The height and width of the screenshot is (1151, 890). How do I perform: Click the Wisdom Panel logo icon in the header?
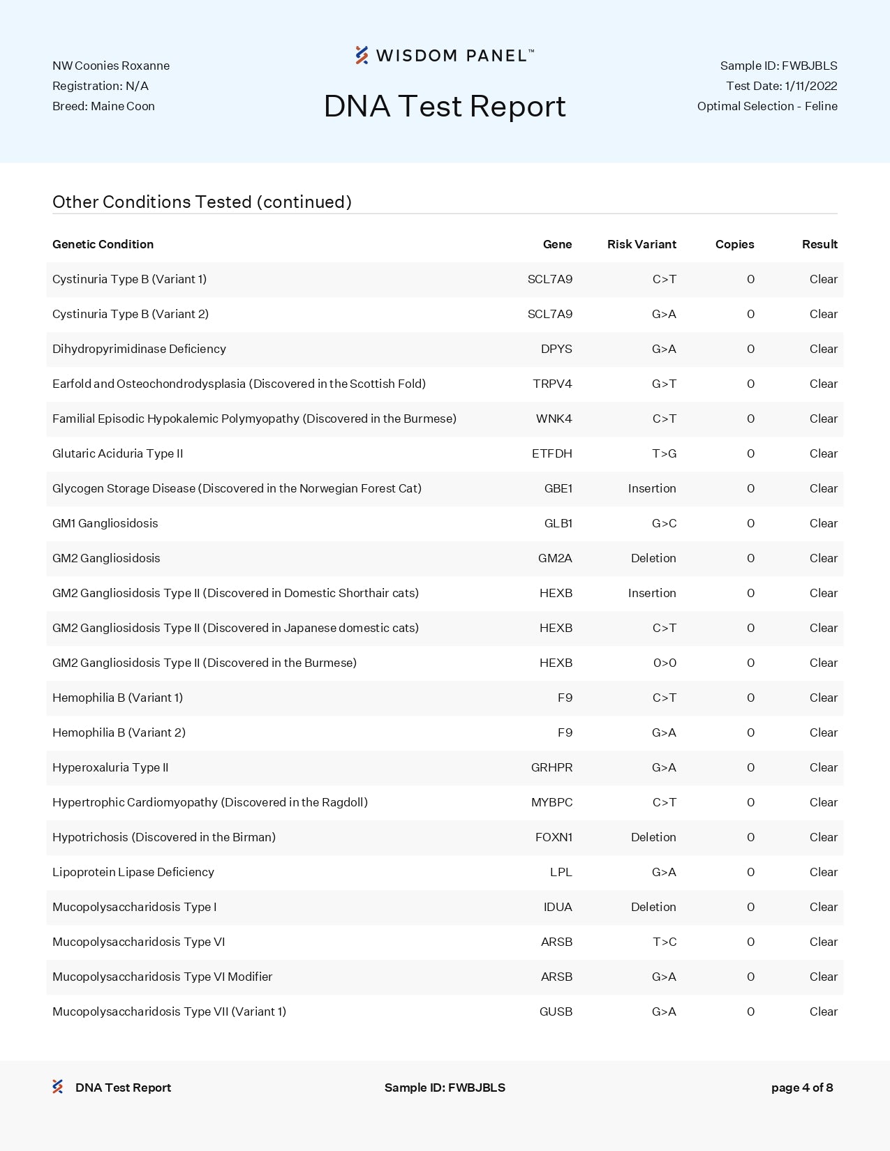point(362,55)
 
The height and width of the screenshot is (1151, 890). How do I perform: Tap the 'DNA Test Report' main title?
point(445,106)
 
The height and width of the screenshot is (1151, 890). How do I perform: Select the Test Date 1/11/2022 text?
point(781,86)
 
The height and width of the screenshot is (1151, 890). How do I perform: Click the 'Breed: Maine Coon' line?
point(103,106)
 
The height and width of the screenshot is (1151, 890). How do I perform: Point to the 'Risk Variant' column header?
point(641,244)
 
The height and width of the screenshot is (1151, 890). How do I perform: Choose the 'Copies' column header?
point(734,244)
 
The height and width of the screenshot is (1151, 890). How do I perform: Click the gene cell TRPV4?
point(552,384)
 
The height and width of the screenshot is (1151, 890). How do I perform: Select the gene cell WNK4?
point(554,419)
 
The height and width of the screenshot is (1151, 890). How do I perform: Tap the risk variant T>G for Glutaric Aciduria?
point(664,453)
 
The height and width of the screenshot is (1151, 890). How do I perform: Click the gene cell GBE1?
point(558,488)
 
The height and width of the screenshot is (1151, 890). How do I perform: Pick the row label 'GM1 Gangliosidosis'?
point(105,523)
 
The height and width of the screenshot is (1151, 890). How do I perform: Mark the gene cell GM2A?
point(555,558)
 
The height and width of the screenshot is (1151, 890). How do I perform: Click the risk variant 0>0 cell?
point(665,663)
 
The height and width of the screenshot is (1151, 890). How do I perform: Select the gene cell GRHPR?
point(551,767)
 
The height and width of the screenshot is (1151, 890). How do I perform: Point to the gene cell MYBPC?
point(551,802)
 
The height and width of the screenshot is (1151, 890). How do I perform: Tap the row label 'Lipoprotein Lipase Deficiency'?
point(133,872)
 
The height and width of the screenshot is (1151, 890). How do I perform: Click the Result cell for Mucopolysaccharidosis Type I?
point(823,907)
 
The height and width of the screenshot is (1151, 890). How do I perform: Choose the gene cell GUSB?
point(556,1011)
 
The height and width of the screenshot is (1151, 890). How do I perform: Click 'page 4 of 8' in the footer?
point(802,1088)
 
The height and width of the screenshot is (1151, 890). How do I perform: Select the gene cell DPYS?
point(556,349)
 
